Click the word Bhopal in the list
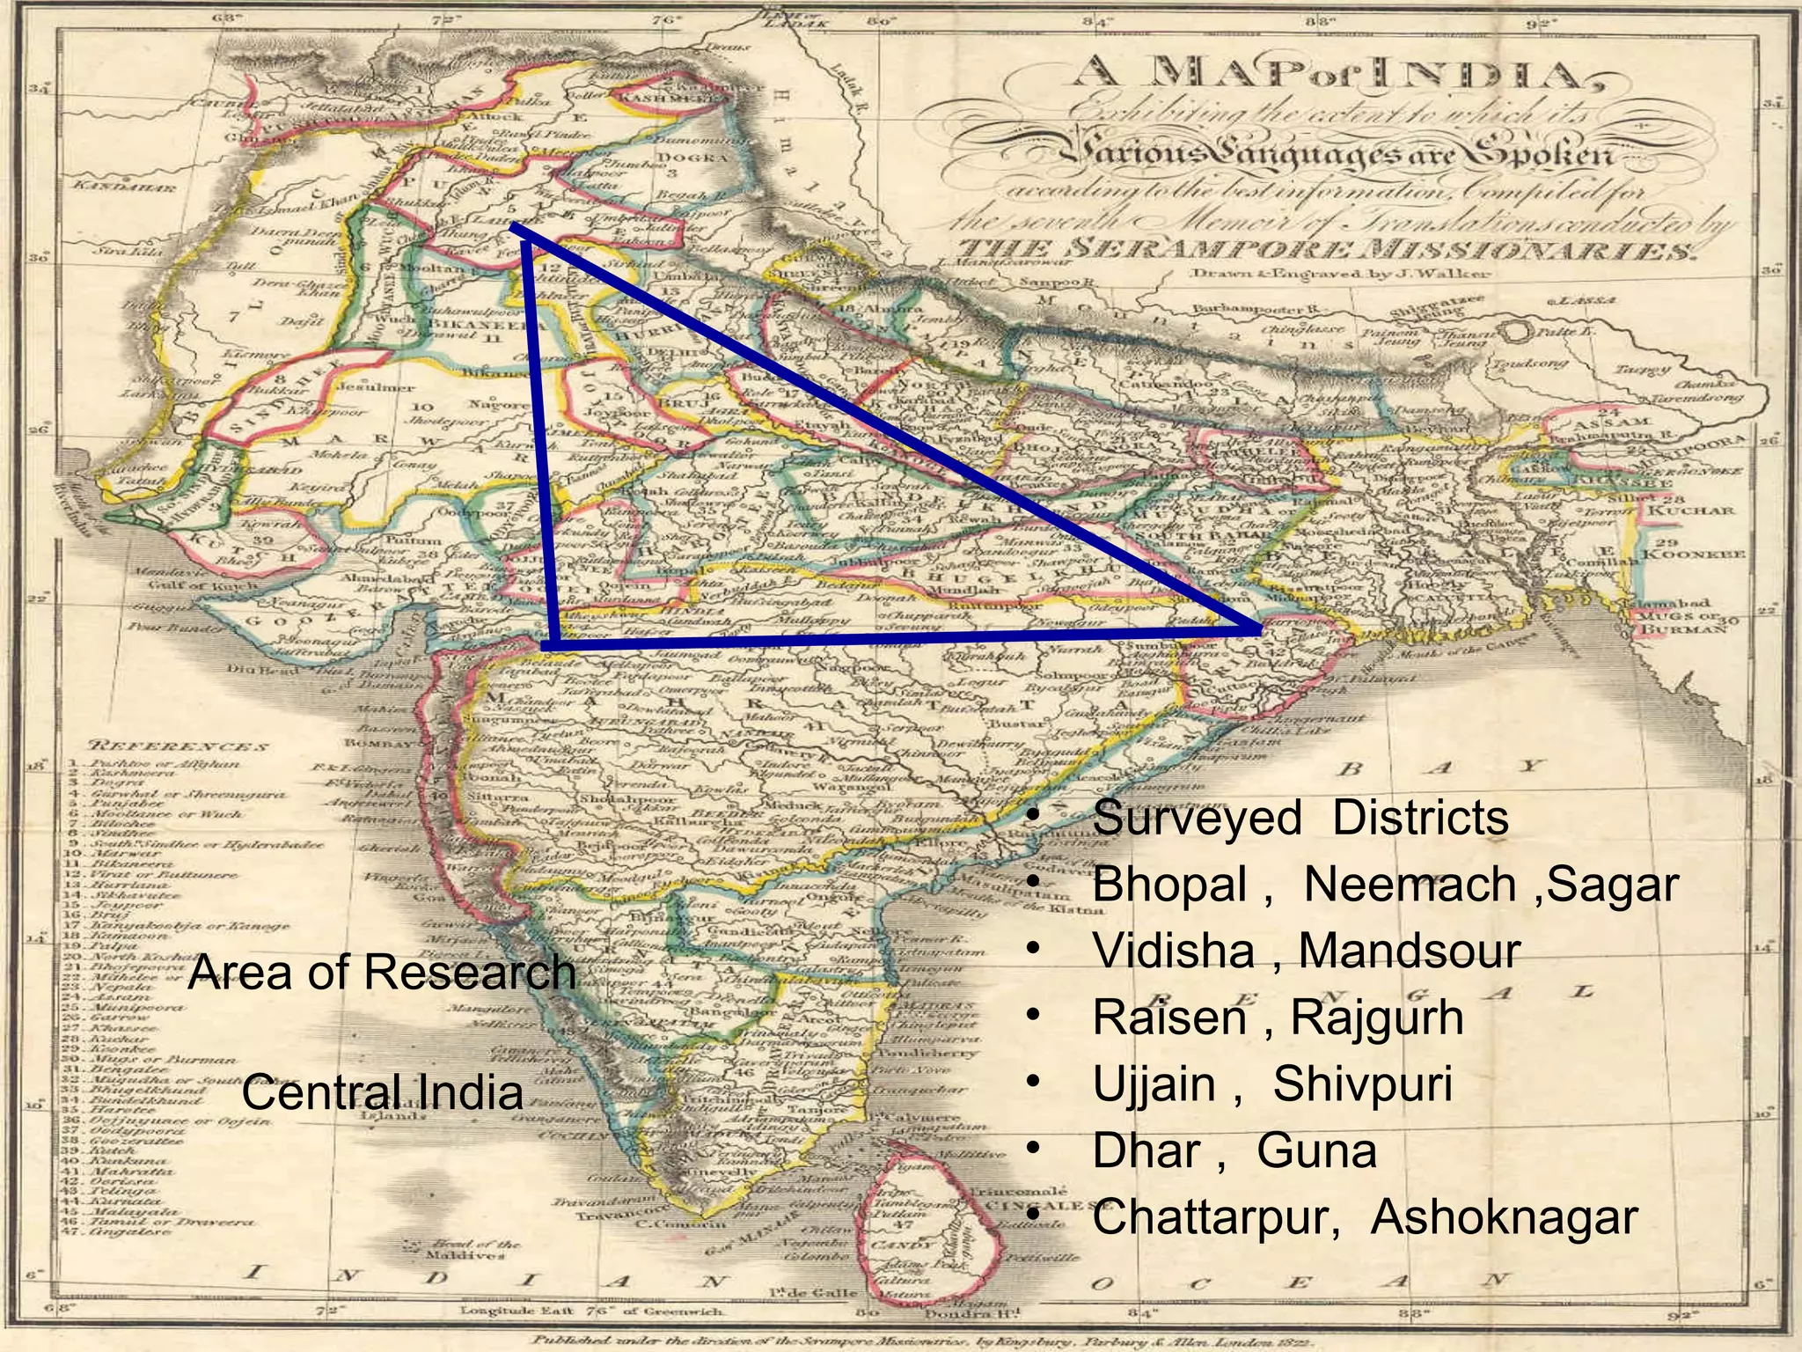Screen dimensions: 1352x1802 pos(1169,884)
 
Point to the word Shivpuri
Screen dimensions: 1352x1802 pos(1362,1084)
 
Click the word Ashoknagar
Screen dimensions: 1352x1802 pos(1504,1217)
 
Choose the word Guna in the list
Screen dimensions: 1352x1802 pos(1316,1150)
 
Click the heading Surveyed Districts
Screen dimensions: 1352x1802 pos(1300,818)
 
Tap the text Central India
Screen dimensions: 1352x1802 pos(382,1092)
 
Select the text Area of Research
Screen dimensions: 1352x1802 pos(382,973)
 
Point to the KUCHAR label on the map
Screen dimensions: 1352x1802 pos(1690,511)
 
